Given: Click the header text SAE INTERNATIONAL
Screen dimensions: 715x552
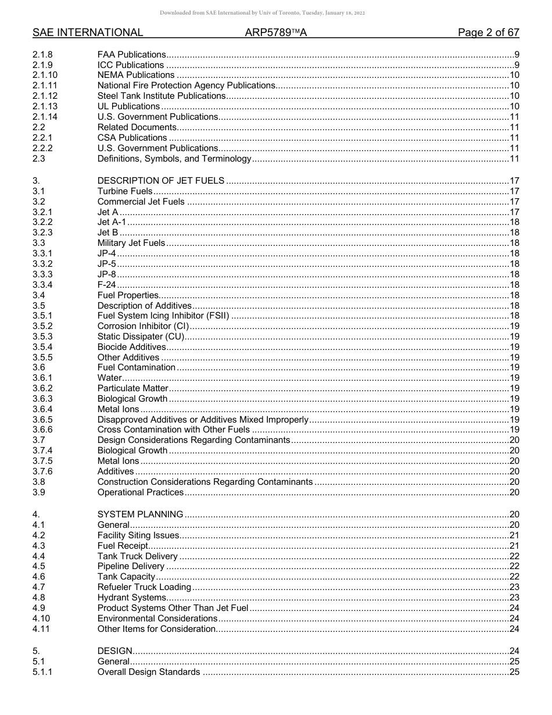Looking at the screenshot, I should [88, 33].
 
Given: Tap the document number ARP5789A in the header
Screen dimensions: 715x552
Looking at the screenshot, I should [276, 33].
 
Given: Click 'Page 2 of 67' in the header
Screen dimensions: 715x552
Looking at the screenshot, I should [488, 33].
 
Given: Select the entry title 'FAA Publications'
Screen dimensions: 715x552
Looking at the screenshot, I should [131, 55].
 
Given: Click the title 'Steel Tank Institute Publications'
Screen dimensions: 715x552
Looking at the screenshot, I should [162, 96].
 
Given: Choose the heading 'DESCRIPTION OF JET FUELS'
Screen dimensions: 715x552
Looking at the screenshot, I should [161, 181].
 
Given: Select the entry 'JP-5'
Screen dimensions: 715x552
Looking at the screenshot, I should [107, 264].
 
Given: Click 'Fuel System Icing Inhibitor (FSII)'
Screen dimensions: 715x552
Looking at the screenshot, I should [163, 316].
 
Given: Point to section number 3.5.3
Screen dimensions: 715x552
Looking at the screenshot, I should [42, 337].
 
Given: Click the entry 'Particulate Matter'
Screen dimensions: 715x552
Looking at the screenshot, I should [132, 388].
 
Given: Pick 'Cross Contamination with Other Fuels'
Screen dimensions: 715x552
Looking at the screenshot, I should [174, 430].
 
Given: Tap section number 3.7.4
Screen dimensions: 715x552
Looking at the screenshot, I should [42, 451].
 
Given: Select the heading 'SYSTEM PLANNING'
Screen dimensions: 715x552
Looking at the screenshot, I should [141, 514].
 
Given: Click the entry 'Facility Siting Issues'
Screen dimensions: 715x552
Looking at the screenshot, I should [138, 535].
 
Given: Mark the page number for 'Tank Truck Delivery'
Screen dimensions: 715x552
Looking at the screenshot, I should [514, 556].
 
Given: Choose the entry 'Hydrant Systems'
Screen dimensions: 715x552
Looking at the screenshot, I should [132, 598].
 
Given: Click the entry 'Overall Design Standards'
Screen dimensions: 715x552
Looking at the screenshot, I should [149, 673].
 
